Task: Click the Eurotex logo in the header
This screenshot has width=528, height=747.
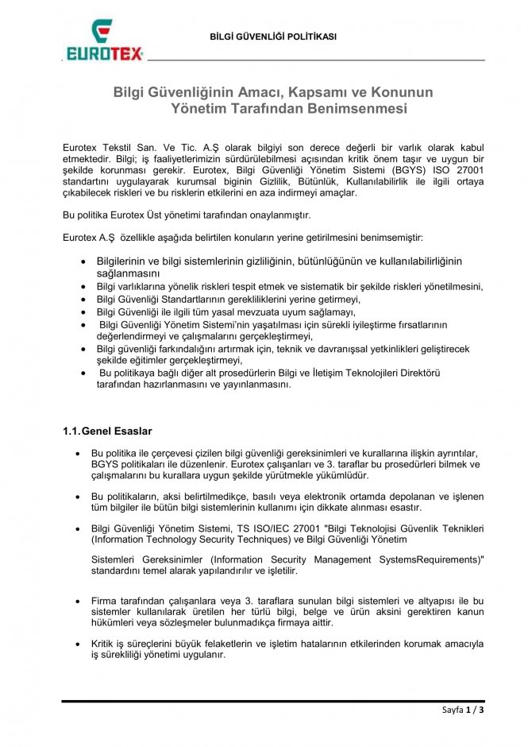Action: [x=103, y=43]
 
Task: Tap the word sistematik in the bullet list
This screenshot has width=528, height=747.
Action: [x=337, y=286]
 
